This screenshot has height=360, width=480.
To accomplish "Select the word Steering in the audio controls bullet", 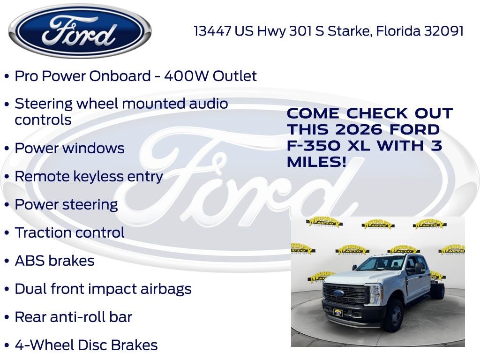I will coord(44,104).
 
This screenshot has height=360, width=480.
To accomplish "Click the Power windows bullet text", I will coord(69,148).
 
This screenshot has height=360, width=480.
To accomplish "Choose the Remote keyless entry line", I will coord(89,176).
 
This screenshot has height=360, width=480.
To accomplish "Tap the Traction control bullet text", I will coord(69,232).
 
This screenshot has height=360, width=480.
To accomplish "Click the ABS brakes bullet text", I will coord(54,261).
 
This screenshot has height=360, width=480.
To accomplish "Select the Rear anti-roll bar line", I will coord(73,317).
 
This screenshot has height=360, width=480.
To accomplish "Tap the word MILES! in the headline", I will coord(317,162).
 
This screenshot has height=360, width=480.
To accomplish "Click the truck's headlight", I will coord(375,294).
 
